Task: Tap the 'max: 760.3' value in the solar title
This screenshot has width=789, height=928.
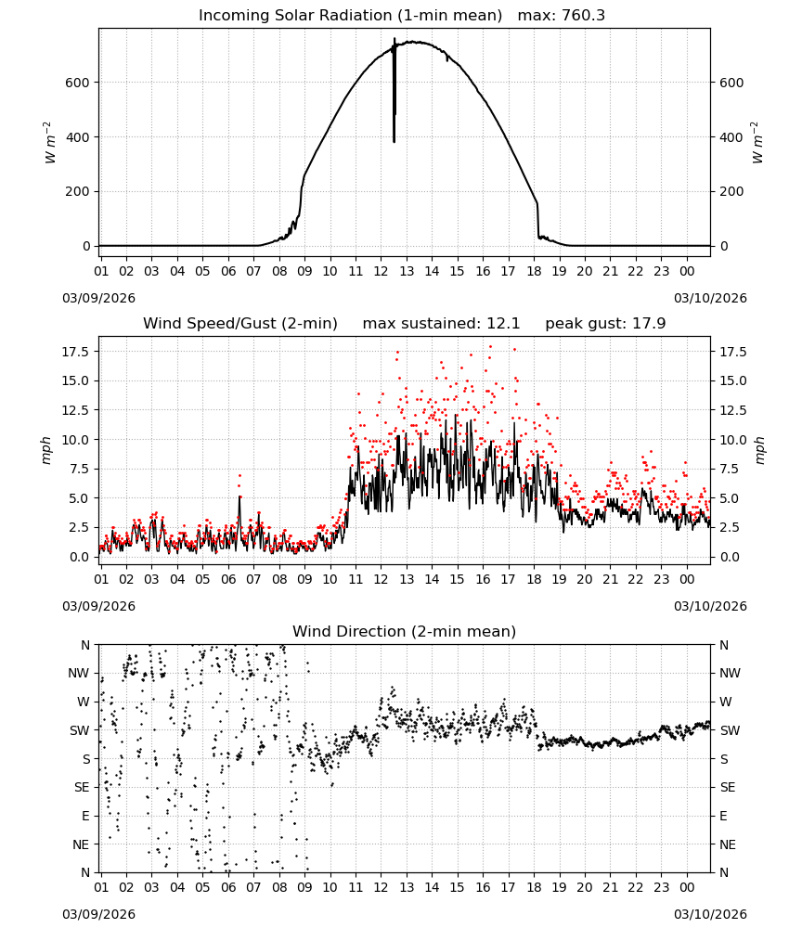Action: click(x=562, y=16)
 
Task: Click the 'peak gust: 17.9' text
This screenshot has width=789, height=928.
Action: click(x=605, y=324)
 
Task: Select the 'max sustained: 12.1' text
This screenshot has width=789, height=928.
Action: click(x=441, y=324)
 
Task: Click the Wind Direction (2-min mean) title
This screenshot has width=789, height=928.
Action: click(x=405, y=631)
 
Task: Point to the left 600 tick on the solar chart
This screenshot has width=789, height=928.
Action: click(x=77, y=83)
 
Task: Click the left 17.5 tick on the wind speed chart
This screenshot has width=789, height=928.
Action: click(x=75, y=352)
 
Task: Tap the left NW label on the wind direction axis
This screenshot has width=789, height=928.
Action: click(x=79, y=674)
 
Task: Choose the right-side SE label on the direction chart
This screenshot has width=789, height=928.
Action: click(x=728, y=788)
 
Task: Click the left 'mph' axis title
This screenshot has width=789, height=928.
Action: click(x=46, y=450)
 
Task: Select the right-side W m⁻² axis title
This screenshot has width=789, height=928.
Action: click(x=758, y=143)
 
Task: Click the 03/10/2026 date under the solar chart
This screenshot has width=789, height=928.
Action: click(x=710, y=298)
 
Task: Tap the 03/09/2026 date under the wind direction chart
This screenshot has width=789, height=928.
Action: click(x=98, y=914)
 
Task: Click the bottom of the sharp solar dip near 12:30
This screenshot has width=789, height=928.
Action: click(x=394, y=141)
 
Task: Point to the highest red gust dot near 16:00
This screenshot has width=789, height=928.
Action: click(x=490, y=347)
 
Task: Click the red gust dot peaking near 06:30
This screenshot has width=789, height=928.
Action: click(x=239, y=475)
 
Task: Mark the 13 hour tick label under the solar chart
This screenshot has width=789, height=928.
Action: click(x=407, y=271)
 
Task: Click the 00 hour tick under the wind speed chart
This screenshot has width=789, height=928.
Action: click(x=687, y=579)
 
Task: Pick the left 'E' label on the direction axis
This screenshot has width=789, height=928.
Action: click(x=85, y=816)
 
